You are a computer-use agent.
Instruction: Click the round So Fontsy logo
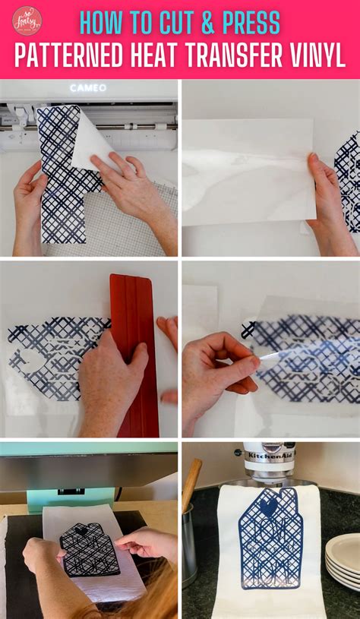[27, 21]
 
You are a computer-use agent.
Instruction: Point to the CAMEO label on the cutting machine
[88, 88]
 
